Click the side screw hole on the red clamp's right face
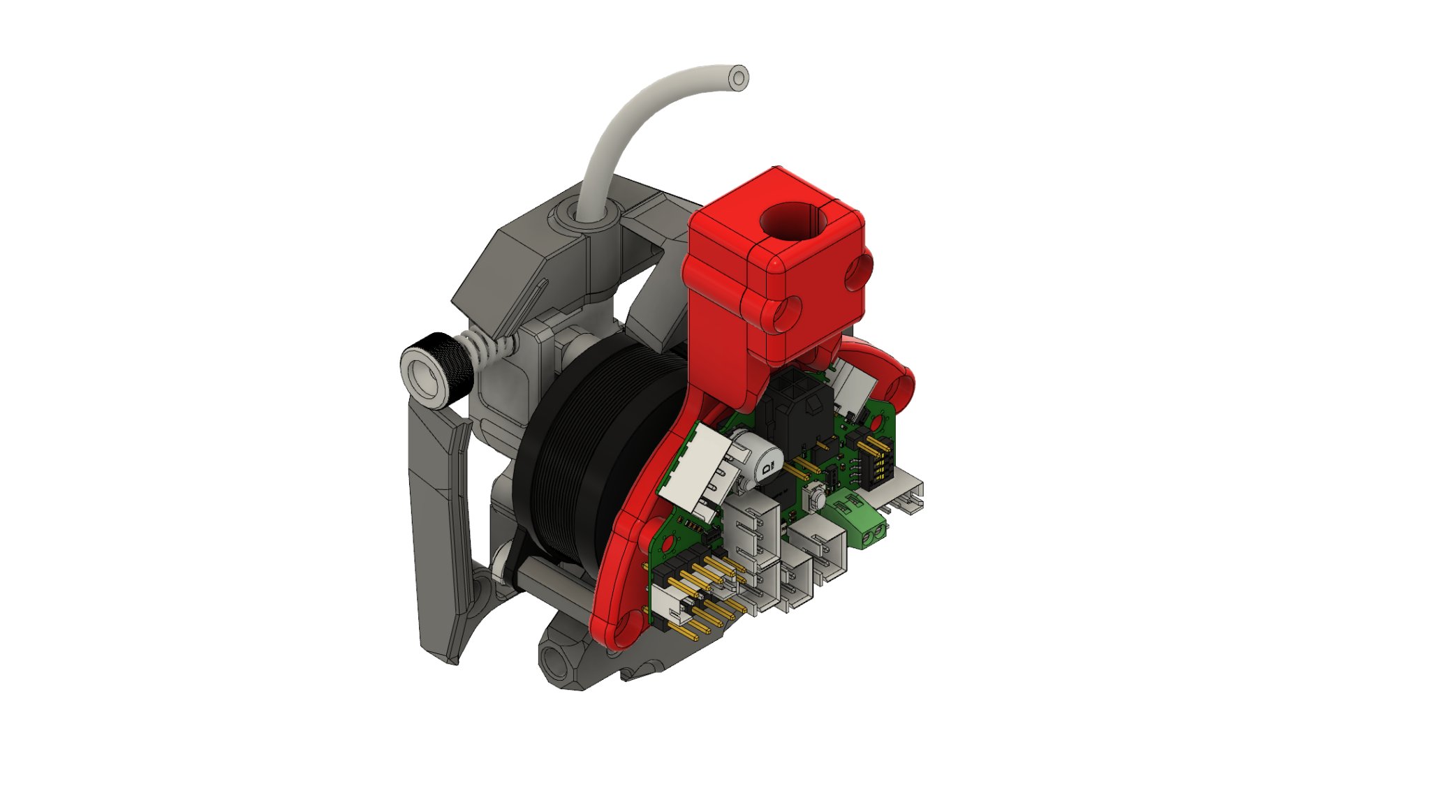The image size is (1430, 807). (857, 272)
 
